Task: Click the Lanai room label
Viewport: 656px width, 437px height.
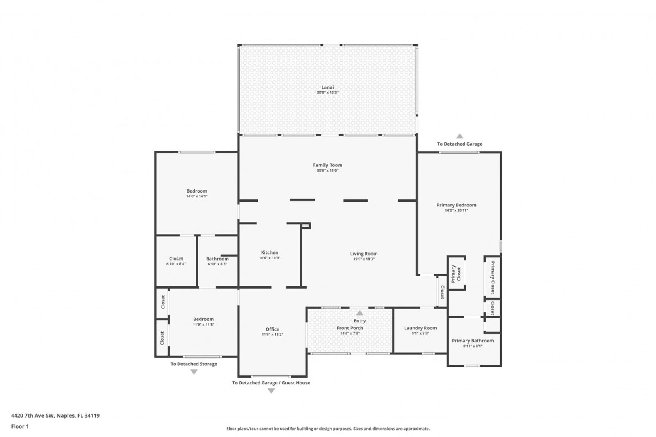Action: tap(328, 87)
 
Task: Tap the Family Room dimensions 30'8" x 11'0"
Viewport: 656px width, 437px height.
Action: tap(328, 170)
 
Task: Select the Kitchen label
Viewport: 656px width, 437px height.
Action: tap(269, 252)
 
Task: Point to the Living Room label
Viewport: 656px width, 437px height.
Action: tap(364, 254)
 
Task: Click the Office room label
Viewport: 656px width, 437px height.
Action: tap(273, 329)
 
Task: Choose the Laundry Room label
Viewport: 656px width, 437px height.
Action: tap(420, 328)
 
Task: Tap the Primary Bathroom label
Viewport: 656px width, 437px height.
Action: tap(473, 341)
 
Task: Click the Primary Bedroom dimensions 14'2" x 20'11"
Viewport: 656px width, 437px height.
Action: tap(456, 210)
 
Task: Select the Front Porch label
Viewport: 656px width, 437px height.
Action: tap(350, 328)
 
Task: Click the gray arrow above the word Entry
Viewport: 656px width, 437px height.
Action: tap(360, 313)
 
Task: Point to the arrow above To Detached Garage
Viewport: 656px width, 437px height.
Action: tap(460, 136)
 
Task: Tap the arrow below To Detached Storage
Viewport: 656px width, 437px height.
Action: tap(194, 372)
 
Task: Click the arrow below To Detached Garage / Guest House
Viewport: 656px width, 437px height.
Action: tap(271, 391)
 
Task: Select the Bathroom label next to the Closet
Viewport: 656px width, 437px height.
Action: tap(217, 259)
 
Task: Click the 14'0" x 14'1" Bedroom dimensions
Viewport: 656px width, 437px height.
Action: tap(197, 196)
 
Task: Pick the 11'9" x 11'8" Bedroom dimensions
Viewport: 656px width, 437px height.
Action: tap(203, 325)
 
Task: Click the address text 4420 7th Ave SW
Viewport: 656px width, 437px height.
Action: tap(32, 415)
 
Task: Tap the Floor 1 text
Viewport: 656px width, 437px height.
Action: tap(20, 426)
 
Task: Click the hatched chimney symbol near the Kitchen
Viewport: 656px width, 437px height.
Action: tap(306, 225)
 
